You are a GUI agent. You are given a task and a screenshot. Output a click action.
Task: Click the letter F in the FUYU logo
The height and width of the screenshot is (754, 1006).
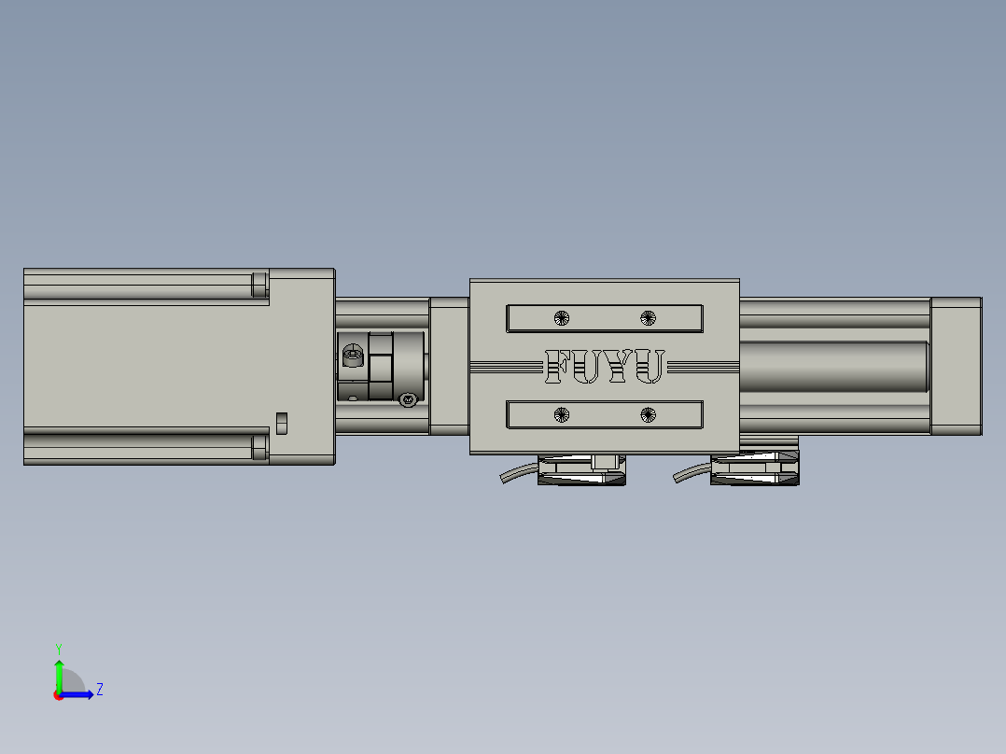tap(558, 367)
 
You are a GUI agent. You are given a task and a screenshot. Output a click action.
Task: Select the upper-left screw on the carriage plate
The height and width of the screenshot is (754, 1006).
tap(561, 317)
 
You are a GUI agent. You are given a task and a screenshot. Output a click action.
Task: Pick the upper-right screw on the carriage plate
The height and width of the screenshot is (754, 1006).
tap(649, 317)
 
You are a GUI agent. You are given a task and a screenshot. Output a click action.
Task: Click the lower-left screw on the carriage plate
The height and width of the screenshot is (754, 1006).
tap(561, 414)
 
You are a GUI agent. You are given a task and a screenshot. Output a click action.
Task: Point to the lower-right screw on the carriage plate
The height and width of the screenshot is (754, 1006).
tap(649, 414)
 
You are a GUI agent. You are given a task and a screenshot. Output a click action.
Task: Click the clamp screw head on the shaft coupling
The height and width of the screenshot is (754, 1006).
tap(353, 354)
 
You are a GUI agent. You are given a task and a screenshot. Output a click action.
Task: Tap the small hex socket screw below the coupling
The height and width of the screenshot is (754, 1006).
tap(407, 400)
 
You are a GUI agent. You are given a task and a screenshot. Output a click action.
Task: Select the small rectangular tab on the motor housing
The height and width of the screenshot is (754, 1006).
tap(282, 423)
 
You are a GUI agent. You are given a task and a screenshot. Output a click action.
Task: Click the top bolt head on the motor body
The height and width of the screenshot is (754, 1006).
tap(259, 284)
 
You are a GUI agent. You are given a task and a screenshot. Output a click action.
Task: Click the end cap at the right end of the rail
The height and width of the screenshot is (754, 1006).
tap(956, 366)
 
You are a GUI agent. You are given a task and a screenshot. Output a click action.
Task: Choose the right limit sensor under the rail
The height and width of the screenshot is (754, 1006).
tap(754, 468)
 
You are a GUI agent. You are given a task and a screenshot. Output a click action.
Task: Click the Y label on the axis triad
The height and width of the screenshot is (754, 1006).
tap(58, 648)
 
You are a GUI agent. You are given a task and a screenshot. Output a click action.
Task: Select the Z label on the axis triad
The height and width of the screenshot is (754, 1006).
tap(100, 690)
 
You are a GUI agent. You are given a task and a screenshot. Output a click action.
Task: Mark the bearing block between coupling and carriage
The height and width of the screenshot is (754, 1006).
tap(449, 366)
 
